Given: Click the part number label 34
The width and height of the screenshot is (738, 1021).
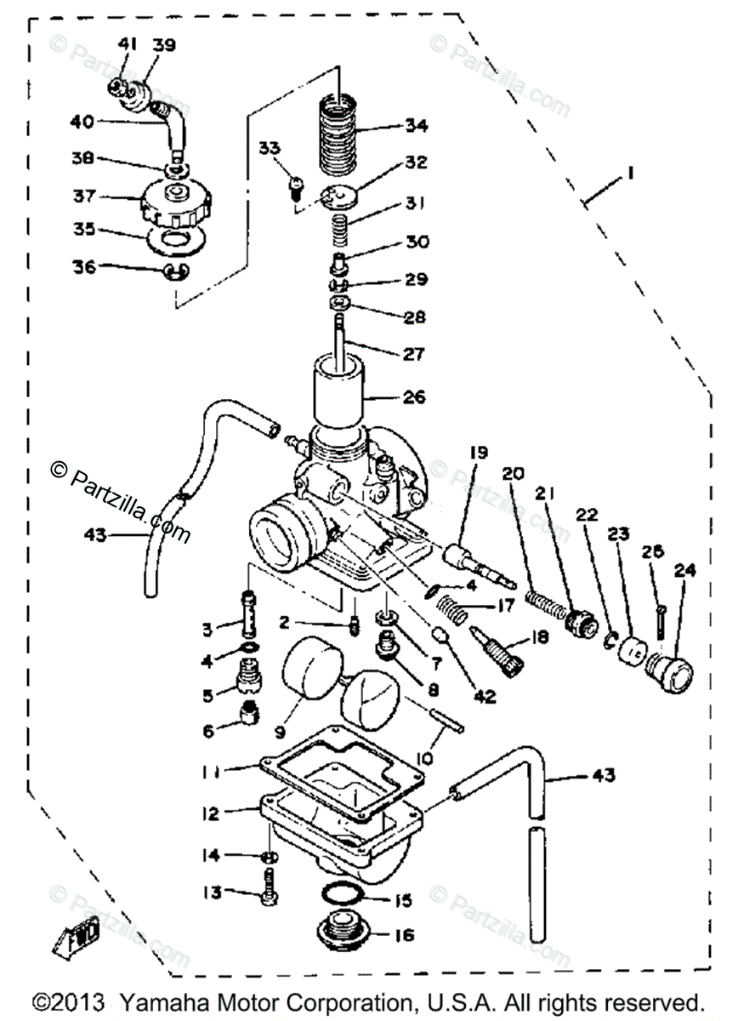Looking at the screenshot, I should (x=417, y=128).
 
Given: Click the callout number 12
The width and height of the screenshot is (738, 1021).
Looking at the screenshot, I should (x=210, y=813).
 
